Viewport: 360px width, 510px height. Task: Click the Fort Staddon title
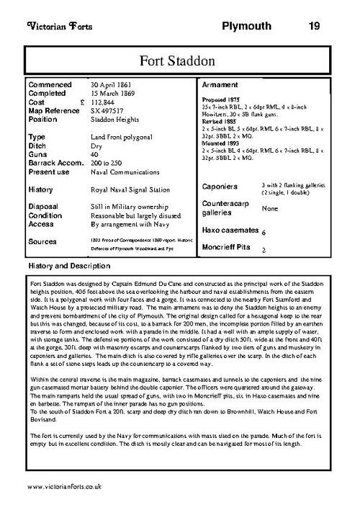point(179,59)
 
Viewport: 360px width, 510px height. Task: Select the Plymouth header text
point(246,27)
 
